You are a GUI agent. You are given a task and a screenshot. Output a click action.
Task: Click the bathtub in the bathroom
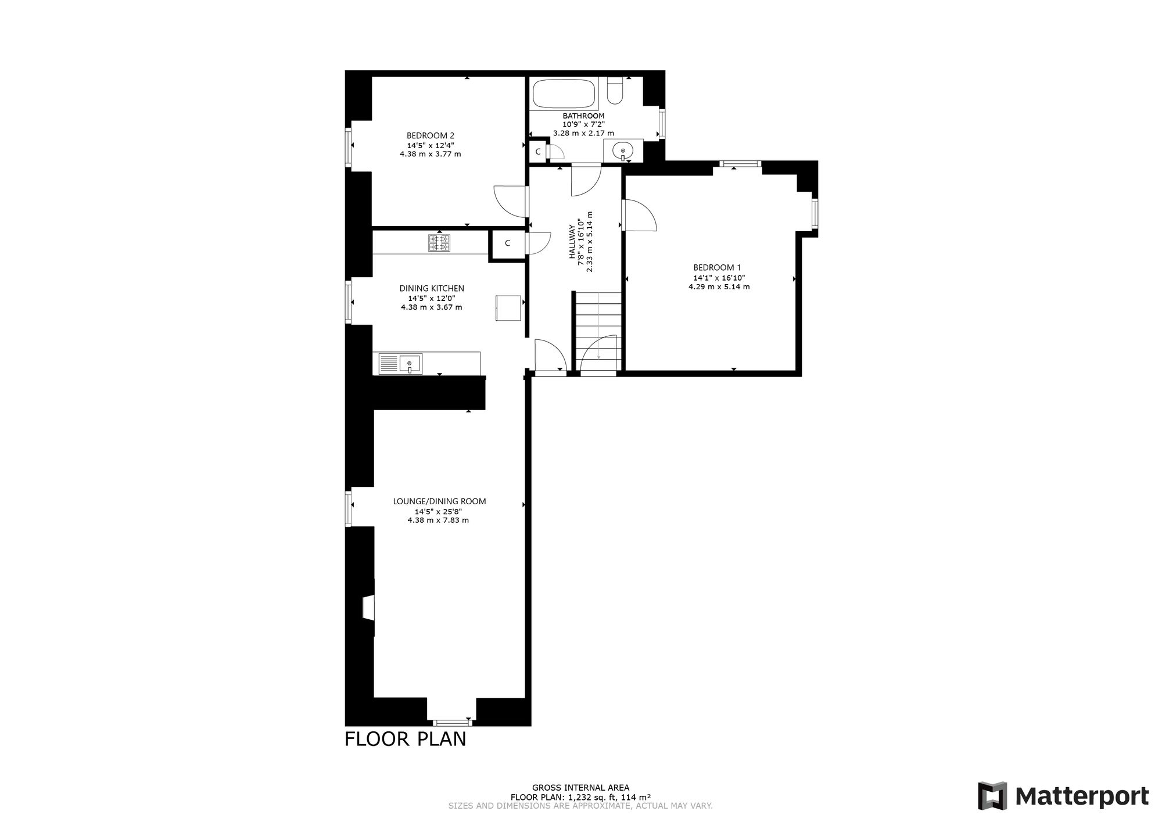[564, 93]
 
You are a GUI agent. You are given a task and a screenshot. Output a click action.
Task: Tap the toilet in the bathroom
[615, 89]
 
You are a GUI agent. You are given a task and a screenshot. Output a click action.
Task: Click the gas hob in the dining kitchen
[439, 242]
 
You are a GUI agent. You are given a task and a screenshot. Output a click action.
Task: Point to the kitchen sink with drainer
[401, 364]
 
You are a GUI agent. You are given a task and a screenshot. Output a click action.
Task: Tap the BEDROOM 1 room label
[717, 268]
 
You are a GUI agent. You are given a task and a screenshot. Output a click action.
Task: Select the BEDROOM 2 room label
[431, 136]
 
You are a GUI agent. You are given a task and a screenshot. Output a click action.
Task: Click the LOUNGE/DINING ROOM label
[439, 501]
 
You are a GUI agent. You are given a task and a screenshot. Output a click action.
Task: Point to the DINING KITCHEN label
[432, 288]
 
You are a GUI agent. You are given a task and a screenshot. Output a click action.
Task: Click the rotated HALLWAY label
[572, 242]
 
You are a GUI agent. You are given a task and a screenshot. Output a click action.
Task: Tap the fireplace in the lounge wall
[368, 608]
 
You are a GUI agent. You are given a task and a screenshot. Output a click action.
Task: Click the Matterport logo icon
[993, 796]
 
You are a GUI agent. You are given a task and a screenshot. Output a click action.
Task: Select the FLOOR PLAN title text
[406, 739]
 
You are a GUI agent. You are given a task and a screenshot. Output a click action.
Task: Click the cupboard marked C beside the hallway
[507, 243]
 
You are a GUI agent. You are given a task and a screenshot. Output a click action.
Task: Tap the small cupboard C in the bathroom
[538, 151]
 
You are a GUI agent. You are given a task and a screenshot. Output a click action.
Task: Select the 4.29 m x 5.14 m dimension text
[719, 286]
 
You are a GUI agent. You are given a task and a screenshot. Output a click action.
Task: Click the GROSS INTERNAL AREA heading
[580, 788]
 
